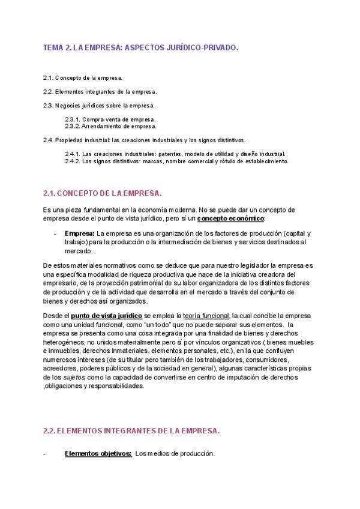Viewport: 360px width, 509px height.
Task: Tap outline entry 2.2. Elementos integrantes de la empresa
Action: (x=100, y=92)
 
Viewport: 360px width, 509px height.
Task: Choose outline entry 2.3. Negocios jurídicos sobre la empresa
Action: (x=98, y=106)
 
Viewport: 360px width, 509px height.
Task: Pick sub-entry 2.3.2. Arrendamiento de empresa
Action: (x=110, y=126)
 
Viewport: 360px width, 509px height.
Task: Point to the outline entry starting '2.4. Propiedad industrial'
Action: (x=144, y=140)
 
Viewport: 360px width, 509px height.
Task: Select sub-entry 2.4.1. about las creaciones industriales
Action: (x=175, y=154)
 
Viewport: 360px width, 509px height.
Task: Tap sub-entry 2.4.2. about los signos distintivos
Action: (x=176, y=161)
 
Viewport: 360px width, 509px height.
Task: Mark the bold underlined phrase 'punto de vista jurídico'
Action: (x=106, y=316)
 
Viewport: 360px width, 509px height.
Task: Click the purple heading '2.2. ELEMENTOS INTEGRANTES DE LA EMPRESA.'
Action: (x=131, y=430)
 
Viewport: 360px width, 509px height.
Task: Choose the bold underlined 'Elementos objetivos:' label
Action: (x=98, y=454)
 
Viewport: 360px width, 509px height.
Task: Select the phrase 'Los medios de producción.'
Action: (x=175, y=454)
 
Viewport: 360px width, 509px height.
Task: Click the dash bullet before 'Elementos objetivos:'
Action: (x=45, y=454)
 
